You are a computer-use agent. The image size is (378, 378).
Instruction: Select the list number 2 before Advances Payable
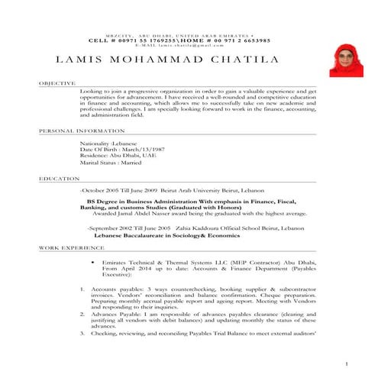coord(83,314)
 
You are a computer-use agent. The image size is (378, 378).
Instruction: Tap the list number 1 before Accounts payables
coord(83,290)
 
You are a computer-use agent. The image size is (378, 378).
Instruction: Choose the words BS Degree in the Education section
coord(105,202)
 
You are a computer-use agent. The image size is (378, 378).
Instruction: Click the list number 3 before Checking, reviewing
coord(83,334)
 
